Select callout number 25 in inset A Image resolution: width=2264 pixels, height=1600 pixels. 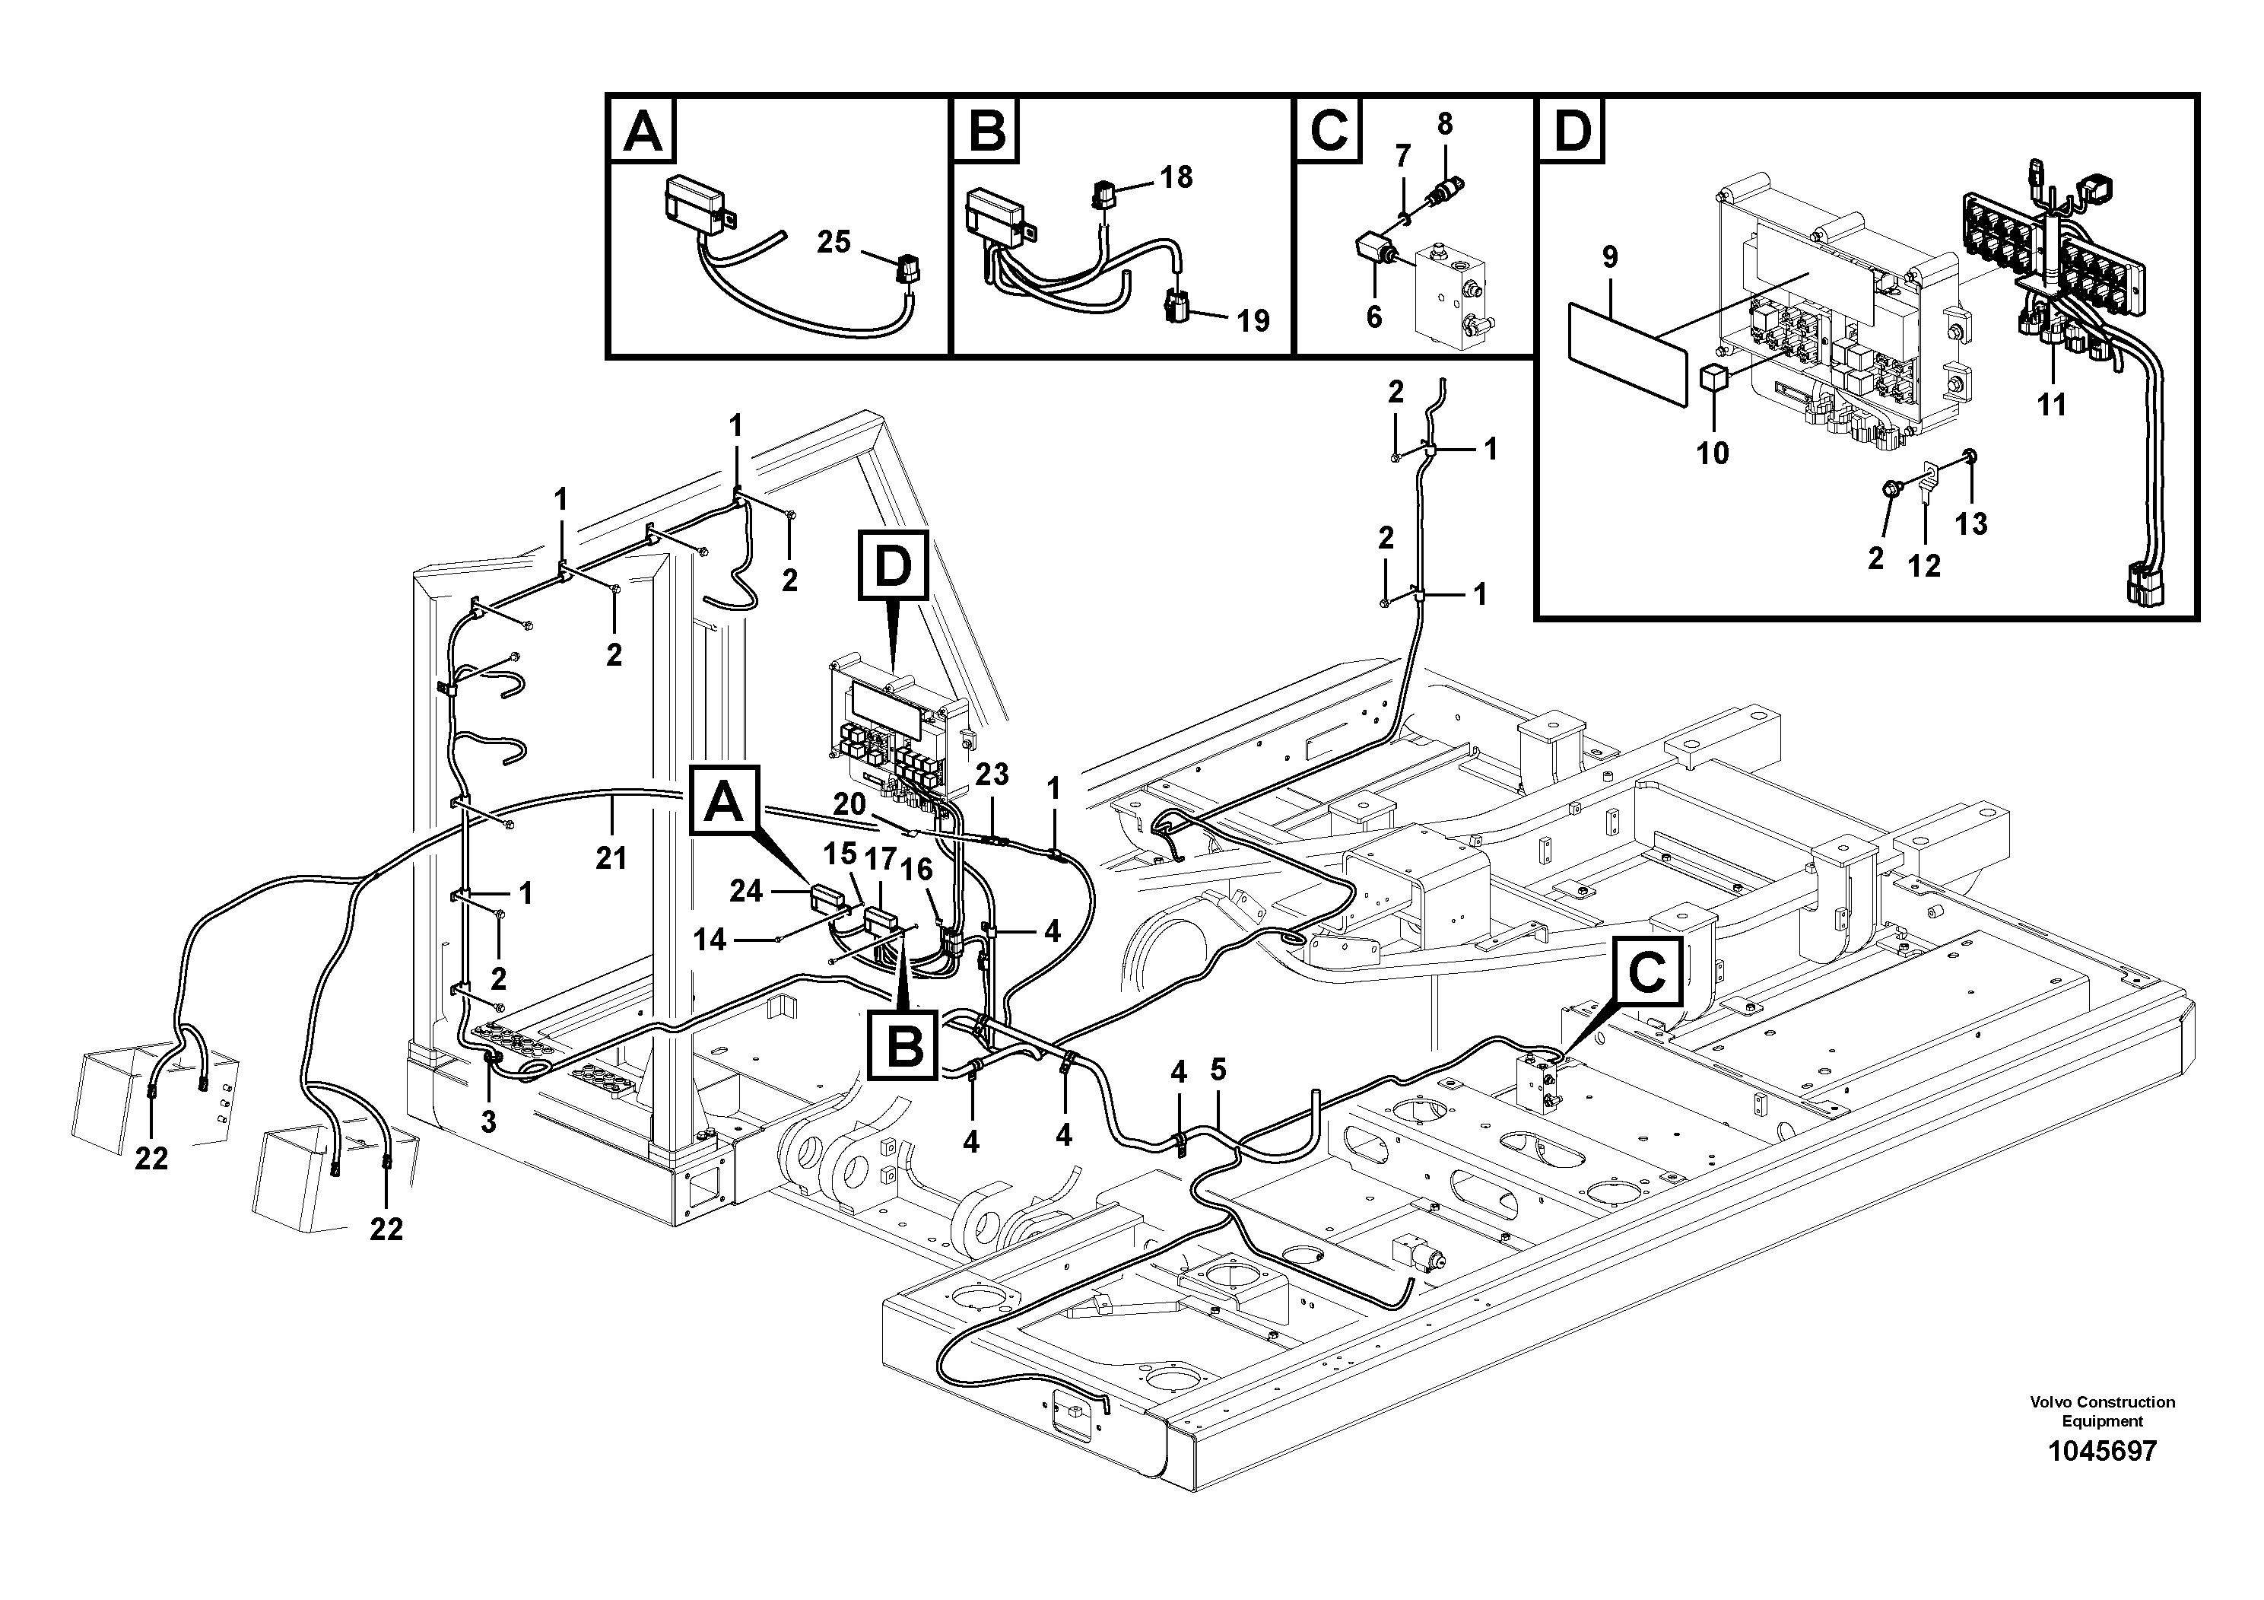pos(834,242)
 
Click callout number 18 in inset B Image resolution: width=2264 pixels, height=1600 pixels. pos(1176,177)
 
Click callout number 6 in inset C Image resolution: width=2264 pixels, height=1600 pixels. pos(1373,317)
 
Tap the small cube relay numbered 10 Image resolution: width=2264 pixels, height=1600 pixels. pos(1713,378)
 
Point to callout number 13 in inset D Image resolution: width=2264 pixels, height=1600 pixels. pos(1971,523)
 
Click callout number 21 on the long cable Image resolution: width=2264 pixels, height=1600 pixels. pos(611,857)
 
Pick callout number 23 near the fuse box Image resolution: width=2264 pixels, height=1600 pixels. pos(992,775)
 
